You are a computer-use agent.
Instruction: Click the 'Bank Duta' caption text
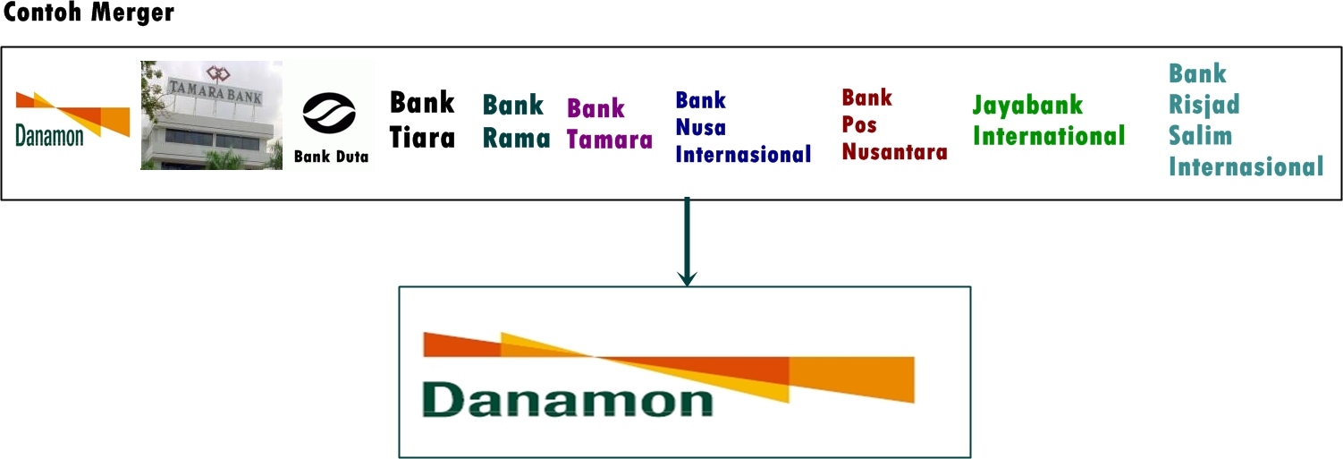pos(331,157)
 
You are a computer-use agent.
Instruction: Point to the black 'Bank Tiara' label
pos(422,119)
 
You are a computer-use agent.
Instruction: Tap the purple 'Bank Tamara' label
pos(610,124)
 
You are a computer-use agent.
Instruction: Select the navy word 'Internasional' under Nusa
pos(743,154)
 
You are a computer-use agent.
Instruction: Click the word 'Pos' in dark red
pos(859,124)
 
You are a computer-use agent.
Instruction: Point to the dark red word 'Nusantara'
pos(894,151)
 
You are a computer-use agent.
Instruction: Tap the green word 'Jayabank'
pos(1027,106)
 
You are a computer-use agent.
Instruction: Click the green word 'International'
pos(1049,136)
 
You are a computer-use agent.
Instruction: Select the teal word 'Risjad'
pos(1204,105)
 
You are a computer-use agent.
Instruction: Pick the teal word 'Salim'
pos(1200,136)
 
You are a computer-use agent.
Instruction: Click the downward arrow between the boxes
pos(686,242)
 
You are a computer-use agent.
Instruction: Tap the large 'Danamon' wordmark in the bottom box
pos(568,400)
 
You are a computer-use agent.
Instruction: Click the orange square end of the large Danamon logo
pos(851,379)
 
